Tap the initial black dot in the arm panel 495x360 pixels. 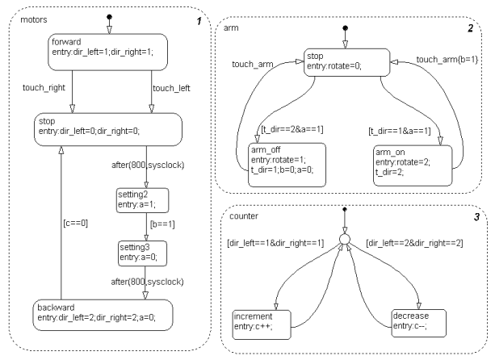click(x=345, y=27)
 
